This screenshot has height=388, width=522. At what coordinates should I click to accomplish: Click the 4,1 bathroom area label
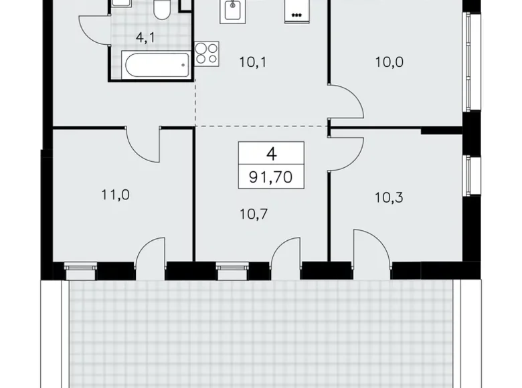click(145, 38)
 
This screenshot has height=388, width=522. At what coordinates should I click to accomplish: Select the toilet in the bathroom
click(161, 9)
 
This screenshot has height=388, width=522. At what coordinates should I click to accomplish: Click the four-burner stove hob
click(206, 53)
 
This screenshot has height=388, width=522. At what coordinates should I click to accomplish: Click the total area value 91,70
click(271, 179)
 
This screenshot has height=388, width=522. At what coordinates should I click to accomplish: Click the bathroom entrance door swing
click(93, 29)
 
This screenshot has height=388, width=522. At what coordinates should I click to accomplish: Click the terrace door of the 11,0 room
click(151, 254)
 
